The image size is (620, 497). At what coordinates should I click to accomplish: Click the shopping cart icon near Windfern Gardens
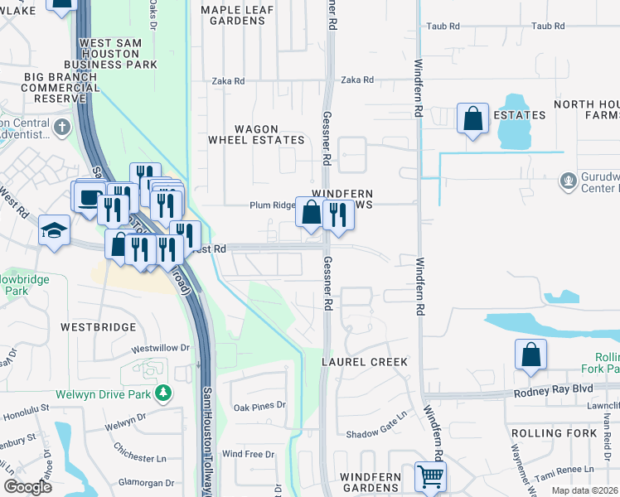430,475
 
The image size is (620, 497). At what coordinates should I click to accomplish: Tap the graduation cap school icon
54,230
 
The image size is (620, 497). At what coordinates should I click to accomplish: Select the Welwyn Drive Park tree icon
165,393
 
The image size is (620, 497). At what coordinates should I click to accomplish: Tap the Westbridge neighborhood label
98,327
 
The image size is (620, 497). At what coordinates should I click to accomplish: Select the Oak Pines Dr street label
259,406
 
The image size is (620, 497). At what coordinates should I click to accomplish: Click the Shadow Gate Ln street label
376,434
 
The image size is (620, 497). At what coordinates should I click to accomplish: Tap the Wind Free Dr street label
248,454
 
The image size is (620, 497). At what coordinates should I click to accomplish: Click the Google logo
27,486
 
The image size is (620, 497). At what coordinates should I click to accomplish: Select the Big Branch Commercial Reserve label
50,87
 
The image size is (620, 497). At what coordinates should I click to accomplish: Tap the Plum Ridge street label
273,205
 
